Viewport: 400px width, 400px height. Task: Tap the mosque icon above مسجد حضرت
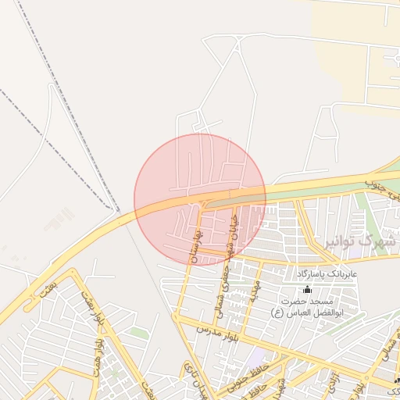point(305,289)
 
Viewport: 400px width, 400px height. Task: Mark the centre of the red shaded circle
point(200,199)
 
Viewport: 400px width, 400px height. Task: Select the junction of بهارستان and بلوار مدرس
point(181,318)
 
